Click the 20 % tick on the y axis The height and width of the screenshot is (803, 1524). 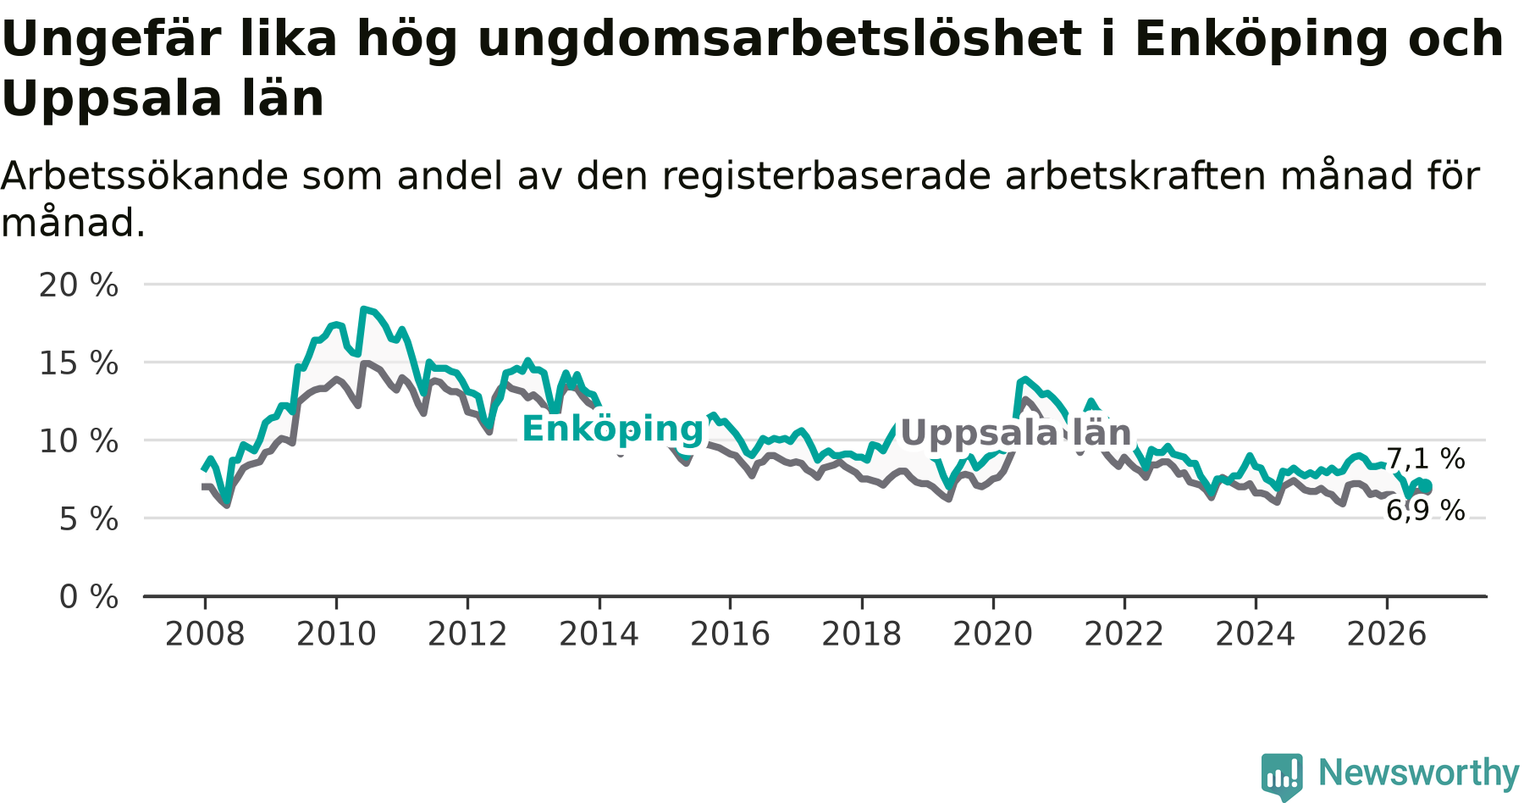pyautogui.click(x=79, y=285)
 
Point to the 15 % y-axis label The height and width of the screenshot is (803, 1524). pyautogui.click(x=79, y=363)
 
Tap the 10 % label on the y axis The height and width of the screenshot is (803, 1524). pyautogui.click(x=79, y=441)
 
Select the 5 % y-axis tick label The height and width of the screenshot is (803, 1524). pyautogui.click(x=89, y=519)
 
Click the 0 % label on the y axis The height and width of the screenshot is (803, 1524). pyautogui.click(x=89, y=597)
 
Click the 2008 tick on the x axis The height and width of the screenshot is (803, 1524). pyautogui.click(x=205, y=634)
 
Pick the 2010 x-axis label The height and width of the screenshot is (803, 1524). pyautogui.click(x=336, y=634)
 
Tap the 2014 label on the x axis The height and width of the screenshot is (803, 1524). pyautogui.click(x=599, y=634)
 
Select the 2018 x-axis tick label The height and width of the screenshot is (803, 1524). pyautogui.click(x=862, y=634)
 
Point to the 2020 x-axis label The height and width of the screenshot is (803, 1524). pyautogui.click(x=993, y=634)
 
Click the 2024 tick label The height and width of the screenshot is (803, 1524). pyautogui.click(x=1256, y=634)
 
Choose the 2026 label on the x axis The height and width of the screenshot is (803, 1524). pyautogui.click(x=1387, y=634)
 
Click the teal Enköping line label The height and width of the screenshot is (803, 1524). pyautogui.click(x=613, y=429)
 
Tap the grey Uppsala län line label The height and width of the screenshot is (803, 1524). pyautogui.click(x=1016, y=433)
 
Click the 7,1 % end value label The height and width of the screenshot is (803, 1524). pyautogui.click(x=1426, y=459)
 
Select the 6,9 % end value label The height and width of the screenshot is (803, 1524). pyautogui.click(x=1426, y=510)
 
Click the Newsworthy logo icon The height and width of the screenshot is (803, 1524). pyautogui.click(x=1282, y=776)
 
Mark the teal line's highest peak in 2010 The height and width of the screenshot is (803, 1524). pyautogui.click(x=363, y=309)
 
